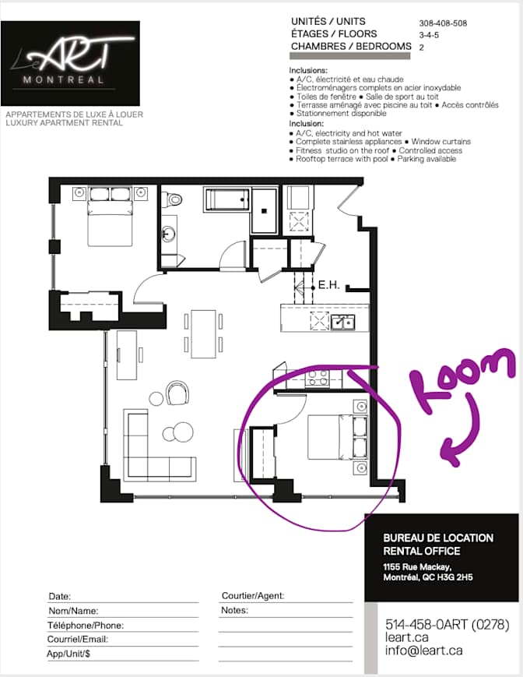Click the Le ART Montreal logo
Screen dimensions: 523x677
point(70,63)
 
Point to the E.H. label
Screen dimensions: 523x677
point(328,285)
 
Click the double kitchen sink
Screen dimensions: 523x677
point(343,322)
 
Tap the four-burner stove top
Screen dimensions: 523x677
point(318,377)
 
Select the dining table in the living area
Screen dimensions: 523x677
point(203,333)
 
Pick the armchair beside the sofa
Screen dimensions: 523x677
point(178,392)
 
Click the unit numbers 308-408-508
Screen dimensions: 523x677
point(443,23)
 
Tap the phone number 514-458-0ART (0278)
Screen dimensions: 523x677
point(447,624)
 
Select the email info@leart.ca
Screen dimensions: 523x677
point(424,651)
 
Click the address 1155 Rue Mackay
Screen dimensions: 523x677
point(417,567)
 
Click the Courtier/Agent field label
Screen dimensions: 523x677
point(253,596)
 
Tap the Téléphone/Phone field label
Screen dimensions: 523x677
point(86,625)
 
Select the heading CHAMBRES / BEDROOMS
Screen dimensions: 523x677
point(351,46)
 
